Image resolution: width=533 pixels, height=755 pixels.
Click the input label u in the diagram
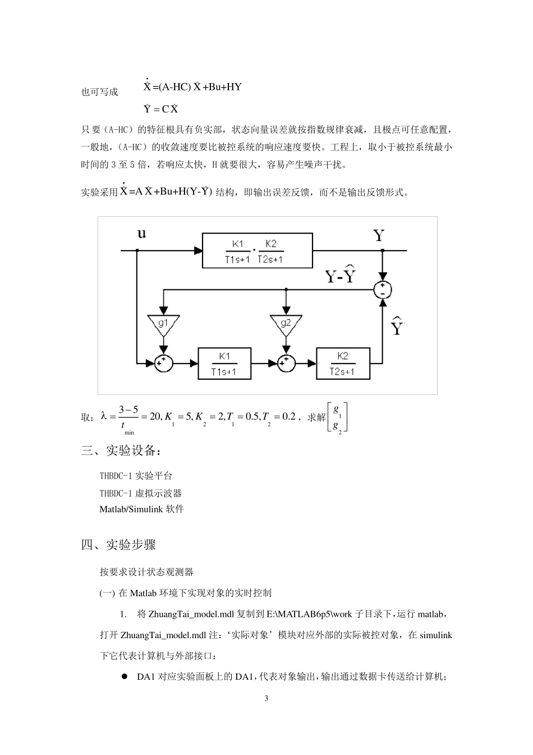(141, 233)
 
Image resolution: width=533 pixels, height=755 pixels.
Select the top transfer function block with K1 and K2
(258, 251)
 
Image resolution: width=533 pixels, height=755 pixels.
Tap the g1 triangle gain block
(163, 324)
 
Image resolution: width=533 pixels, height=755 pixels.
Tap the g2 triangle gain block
(286, 324)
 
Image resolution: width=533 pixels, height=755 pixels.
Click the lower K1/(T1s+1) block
(224, 363)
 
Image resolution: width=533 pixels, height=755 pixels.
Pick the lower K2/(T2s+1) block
(343, 363)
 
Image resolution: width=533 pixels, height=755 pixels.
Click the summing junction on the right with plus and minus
(383, 289)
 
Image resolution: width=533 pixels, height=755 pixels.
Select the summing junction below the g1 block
(164, 363)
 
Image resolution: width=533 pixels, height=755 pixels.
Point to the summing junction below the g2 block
(286, 363)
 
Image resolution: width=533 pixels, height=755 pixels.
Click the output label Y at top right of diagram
(379, 235)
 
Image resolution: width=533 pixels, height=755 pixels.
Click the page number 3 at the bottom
(266, 698)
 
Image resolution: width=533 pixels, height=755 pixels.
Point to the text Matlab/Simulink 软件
(141, 510)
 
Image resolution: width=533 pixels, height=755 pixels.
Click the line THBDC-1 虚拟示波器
(141, 493)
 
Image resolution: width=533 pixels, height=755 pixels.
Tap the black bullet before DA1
(125, 677)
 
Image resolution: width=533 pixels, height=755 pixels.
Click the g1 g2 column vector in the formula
(337, 417)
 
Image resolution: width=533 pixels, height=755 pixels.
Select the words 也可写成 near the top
(100, 92)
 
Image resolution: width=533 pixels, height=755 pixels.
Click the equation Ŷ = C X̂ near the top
(161, 108)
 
